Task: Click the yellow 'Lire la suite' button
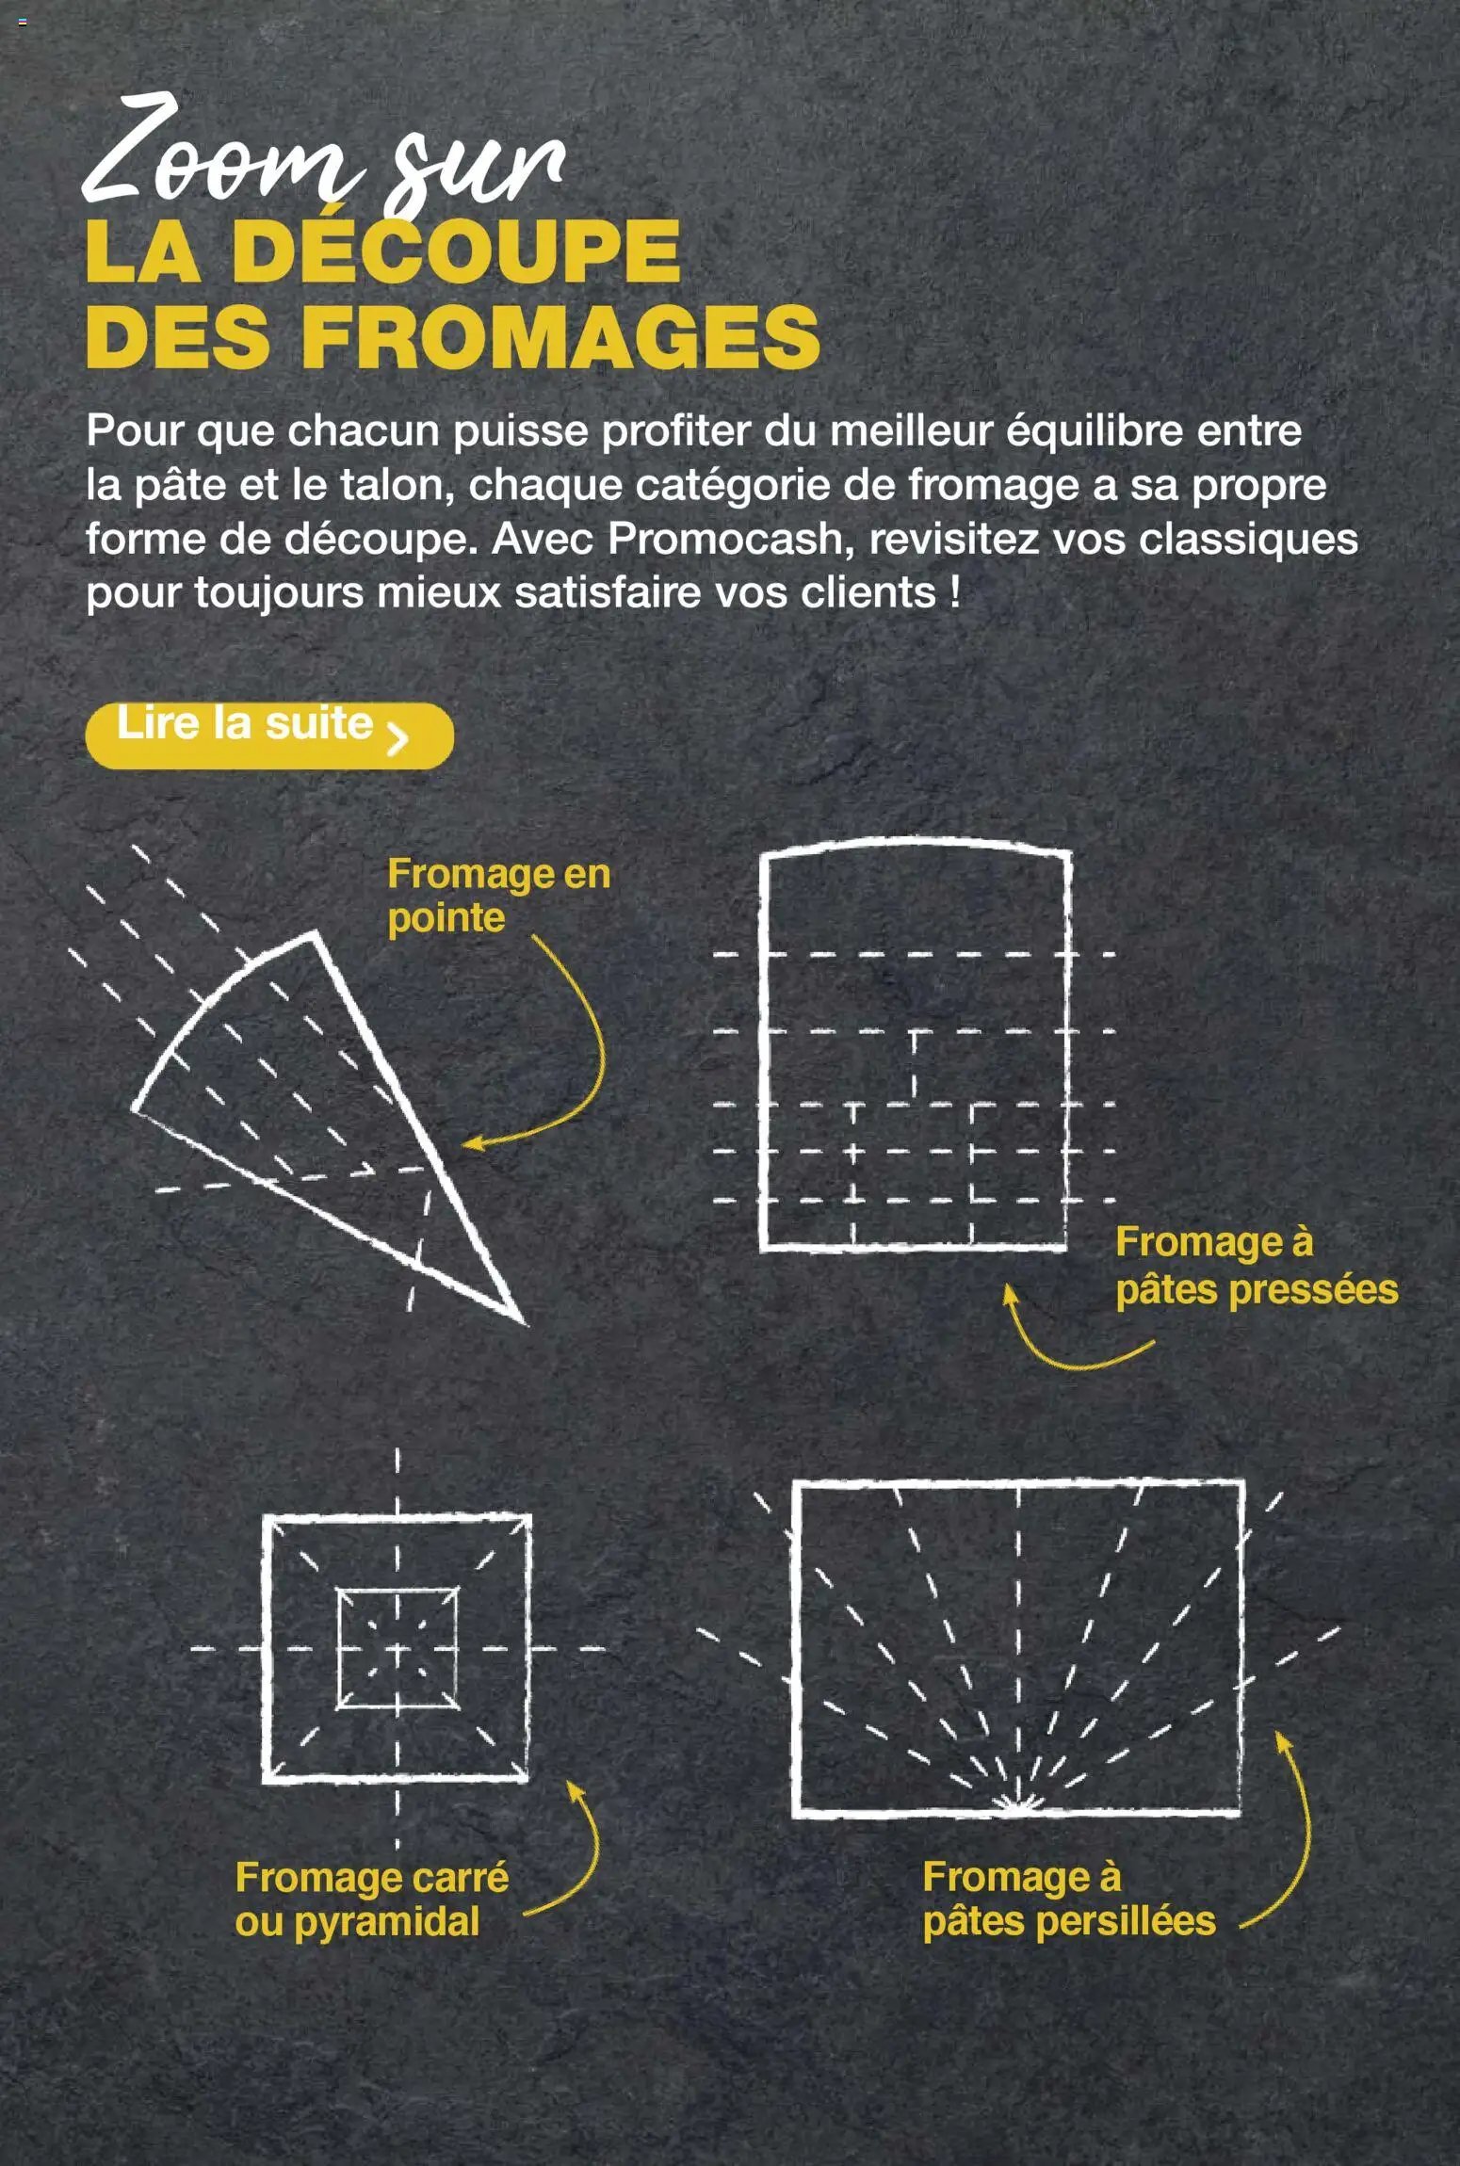(x=268, y=735)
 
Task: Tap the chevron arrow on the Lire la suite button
(x=397, y=738)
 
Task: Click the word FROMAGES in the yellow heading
(x=560, y=337)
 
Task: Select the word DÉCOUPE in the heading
(x=456, y=251)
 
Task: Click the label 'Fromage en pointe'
(x=497, y=895)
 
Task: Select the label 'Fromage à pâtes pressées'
(x=1255, y=1266)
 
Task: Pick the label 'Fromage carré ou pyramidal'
(x=371, y=1899)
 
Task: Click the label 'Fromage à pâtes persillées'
(x=1067, y=1899)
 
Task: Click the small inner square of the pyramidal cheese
(x=397, y=1649)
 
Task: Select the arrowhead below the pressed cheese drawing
(x=1009, y=1293)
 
